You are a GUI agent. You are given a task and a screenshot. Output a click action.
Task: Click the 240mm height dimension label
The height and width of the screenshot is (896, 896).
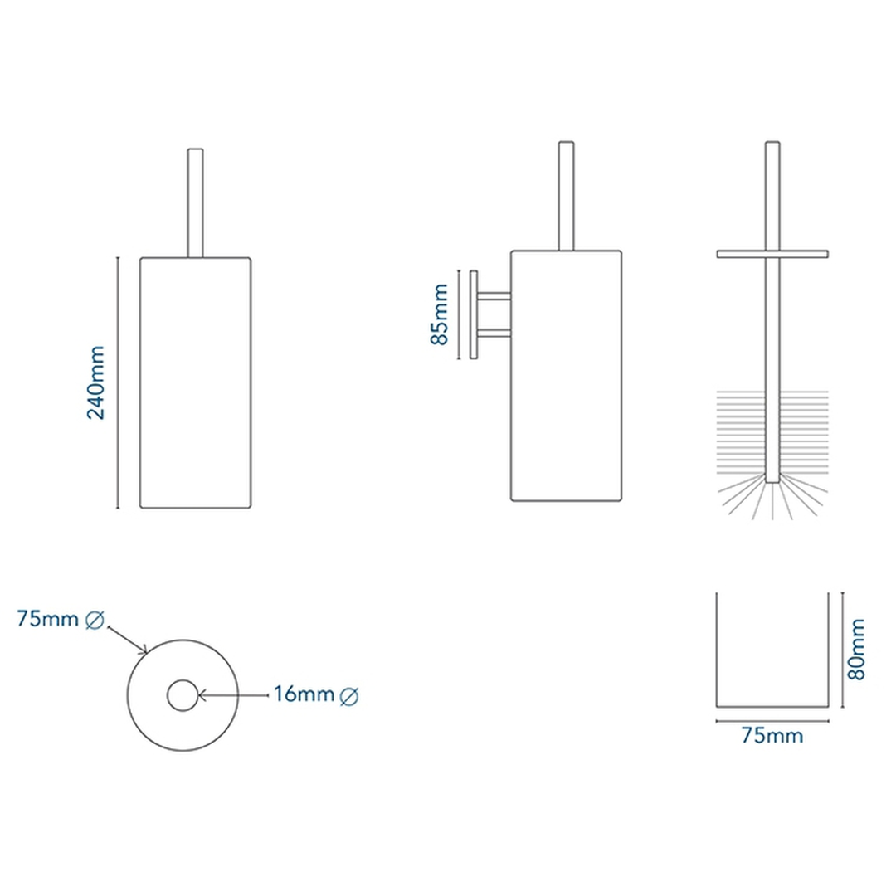[x=96, y=382]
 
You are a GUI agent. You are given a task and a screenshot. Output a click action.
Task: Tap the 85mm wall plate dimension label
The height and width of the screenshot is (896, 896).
[x=440, y=314]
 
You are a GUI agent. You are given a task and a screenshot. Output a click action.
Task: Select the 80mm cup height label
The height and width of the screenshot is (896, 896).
[x=856, y=649]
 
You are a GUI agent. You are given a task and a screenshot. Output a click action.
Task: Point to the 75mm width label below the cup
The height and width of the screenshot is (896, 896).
[x=772, y=735]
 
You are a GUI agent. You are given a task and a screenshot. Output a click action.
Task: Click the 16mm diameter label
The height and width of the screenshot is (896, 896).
[x=304, y=694]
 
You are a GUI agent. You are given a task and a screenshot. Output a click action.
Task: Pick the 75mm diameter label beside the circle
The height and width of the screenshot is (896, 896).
[x=47, y=618]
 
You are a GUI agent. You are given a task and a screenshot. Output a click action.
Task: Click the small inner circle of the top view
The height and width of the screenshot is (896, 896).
[x=183, y=695]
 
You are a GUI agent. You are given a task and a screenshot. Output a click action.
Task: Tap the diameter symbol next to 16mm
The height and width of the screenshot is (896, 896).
[x=349, y=697]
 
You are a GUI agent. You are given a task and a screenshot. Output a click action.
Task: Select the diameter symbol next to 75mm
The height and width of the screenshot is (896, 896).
[x=95, y=620]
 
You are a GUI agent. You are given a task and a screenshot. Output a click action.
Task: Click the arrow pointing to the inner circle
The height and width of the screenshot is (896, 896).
[x=232, y=695]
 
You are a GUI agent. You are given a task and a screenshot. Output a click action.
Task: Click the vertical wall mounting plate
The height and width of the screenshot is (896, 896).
[x=473, y=315]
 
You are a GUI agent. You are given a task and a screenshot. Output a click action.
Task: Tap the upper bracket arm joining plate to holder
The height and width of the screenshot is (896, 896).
[x=494, y=296]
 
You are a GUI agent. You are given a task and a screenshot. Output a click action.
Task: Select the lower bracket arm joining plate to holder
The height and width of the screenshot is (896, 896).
[x=494, y=334]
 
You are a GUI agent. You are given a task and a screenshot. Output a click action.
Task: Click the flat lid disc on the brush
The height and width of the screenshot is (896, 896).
[x=772, y=254]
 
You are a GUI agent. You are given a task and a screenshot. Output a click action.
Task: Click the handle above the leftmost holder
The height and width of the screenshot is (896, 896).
[x=196, y=203]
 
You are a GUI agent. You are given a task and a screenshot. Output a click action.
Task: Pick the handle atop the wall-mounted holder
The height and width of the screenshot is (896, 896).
[x=567, y=196]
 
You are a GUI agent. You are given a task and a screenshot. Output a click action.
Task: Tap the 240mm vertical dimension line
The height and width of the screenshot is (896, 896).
[x=118, y=382]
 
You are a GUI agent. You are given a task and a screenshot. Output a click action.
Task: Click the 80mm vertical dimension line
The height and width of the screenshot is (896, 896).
[x=842, y=650]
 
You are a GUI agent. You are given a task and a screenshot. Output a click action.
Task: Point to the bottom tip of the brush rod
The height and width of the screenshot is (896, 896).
[x=772, y=483]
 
